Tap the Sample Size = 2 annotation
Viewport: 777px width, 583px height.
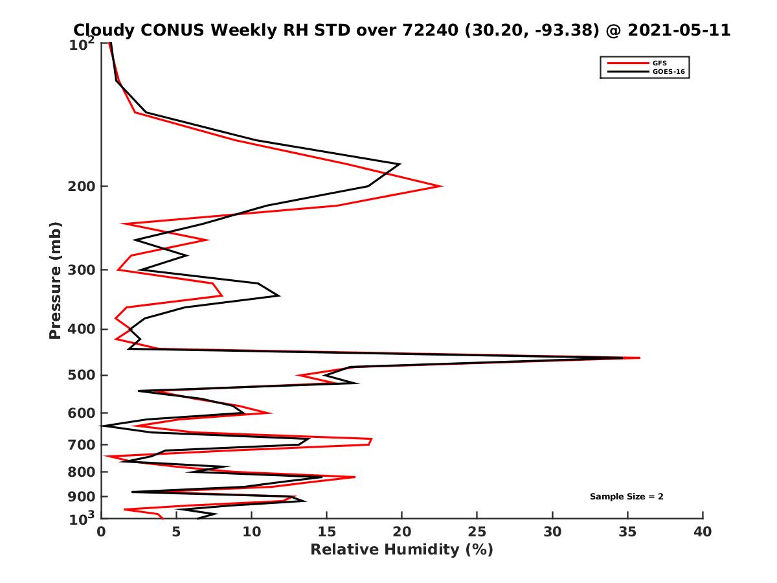pyautogui.click(x=626, y=497)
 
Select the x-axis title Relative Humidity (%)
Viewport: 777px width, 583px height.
pyautogui.click(x=401, y=550)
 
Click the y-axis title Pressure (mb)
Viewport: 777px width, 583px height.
pyautogui.click(x=56, y=280)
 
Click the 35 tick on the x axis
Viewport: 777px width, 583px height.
pyautogui.click(x=627, y=532)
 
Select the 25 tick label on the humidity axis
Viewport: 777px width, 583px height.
pyautogui.click(x=477, y=532)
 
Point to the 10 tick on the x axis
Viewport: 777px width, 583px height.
pyautogui.click(x=251, y=532)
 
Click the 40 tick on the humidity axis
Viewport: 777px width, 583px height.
pyautogui.click(x=703, y=532)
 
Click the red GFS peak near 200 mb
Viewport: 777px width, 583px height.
pyautogui.click(x=442, y=187)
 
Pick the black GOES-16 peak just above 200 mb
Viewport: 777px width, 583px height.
pyautogui.click(x=400, y=165)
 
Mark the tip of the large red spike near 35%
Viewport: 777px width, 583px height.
pyautogui.click(x=640, y=358)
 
